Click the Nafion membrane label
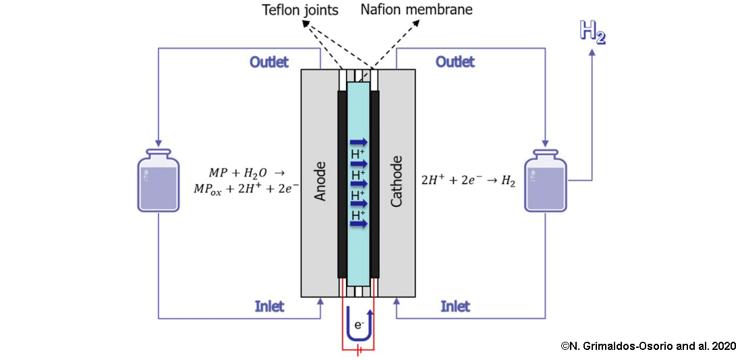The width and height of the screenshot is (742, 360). pos(416,9)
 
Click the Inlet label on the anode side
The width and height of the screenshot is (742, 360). pos(269,307)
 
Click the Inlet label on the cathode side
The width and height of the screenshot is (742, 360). pos(455,307)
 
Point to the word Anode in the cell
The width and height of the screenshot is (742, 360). pos(321,180)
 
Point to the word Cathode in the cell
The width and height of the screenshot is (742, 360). pos(397,180)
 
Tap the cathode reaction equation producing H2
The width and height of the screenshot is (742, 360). pos(468,180)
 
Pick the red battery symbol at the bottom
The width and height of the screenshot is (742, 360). pos(358,351)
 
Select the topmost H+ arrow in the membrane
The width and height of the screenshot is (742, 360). pos(359,142)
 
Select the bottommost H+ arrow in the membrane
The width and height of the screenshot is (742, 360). pos(359,224)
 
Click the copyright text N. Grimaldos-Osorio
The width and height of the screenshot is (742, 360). pos(648,345)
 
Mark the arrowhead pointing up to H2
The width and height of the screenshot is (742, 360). pos(592,55)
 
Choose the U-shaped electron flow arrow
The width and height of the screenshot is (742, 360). pos(358,324)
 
